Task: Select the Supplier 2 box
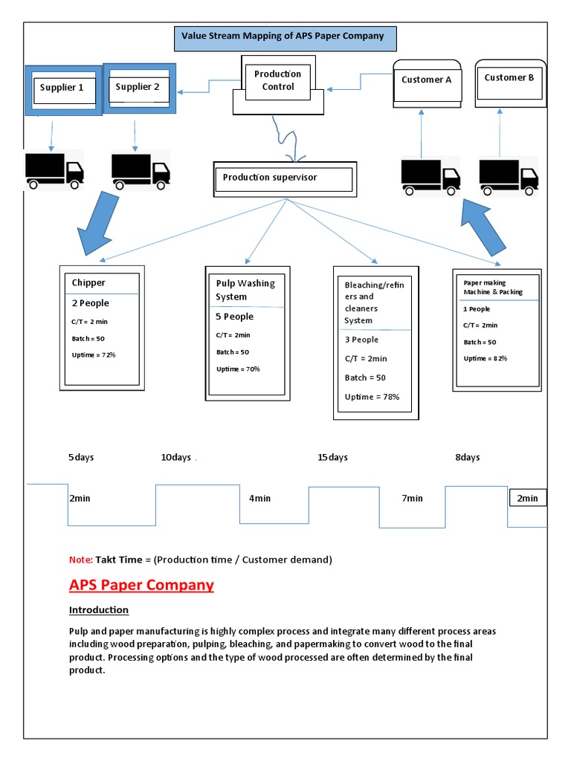click(138, 89)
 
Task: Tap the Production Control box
click(278, 81)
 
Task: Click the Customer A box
click(426, 81)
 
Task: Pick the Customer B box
click(509, 79)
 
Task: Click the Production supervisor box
click(283, 179)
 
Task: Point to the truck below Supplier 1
click(54, 170)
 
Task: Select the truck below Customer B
click(509, 177)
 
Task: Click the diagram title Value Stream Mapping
click(284, 36)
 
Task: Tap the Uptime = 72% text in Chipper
click(94, 354)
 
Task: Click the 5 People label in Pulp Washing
click(234, 317)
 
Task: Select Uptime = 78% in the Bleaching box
click(372, 397)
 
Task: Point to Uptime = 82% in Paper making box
click(485, 358)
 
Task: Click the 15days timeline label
click(332, 457)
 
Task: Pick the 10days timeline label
click(176, 457)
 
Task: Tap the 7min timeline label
click(412, 498)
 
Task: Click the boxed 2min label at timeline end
click(527, 498)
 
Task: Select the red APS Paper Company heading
click(141, 585)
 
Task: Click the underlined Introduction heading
click(99, 610)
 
